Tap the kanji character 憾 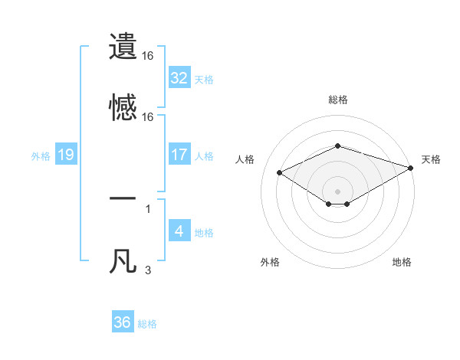(x=123, y=108)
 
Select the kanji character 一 (x=123, y=199)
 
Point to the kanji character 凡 (x=123, y=261)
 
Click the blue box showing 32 (x=179, y=78)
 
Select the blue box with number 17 (x=179, y=155)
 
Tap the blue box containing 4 (x=179, y=231)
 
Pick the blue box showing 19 (x=66, y=155)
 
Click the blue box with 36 (x=123, y=322)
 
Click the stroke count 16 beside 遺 (x=148, y=56)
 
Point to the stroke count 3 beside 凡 (x=148, y=270)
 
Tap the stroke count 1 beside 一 (x=148, y=208)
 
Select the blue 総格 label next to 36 (x=147, y=324)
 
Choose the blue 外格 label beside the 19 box (x=41, y=155)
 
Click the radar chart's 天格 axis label (x=431, y=159)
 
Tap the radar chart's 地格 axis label (x=402, y=262)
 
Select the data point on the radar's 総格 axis (x=338, y=146)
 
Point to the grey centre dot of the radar (x=338, y=191)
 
